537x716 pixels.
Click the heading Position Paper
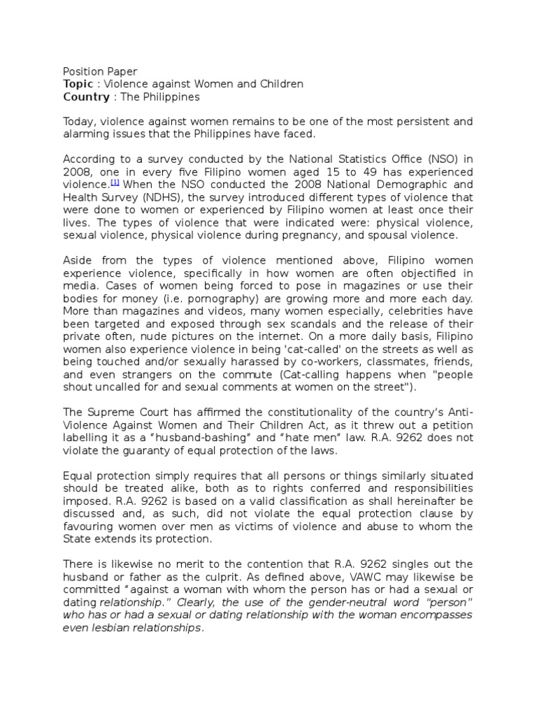[100, 71]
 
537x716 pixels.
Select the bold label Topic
[78, 84]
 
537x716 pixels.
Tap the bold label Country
[83, 96]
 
